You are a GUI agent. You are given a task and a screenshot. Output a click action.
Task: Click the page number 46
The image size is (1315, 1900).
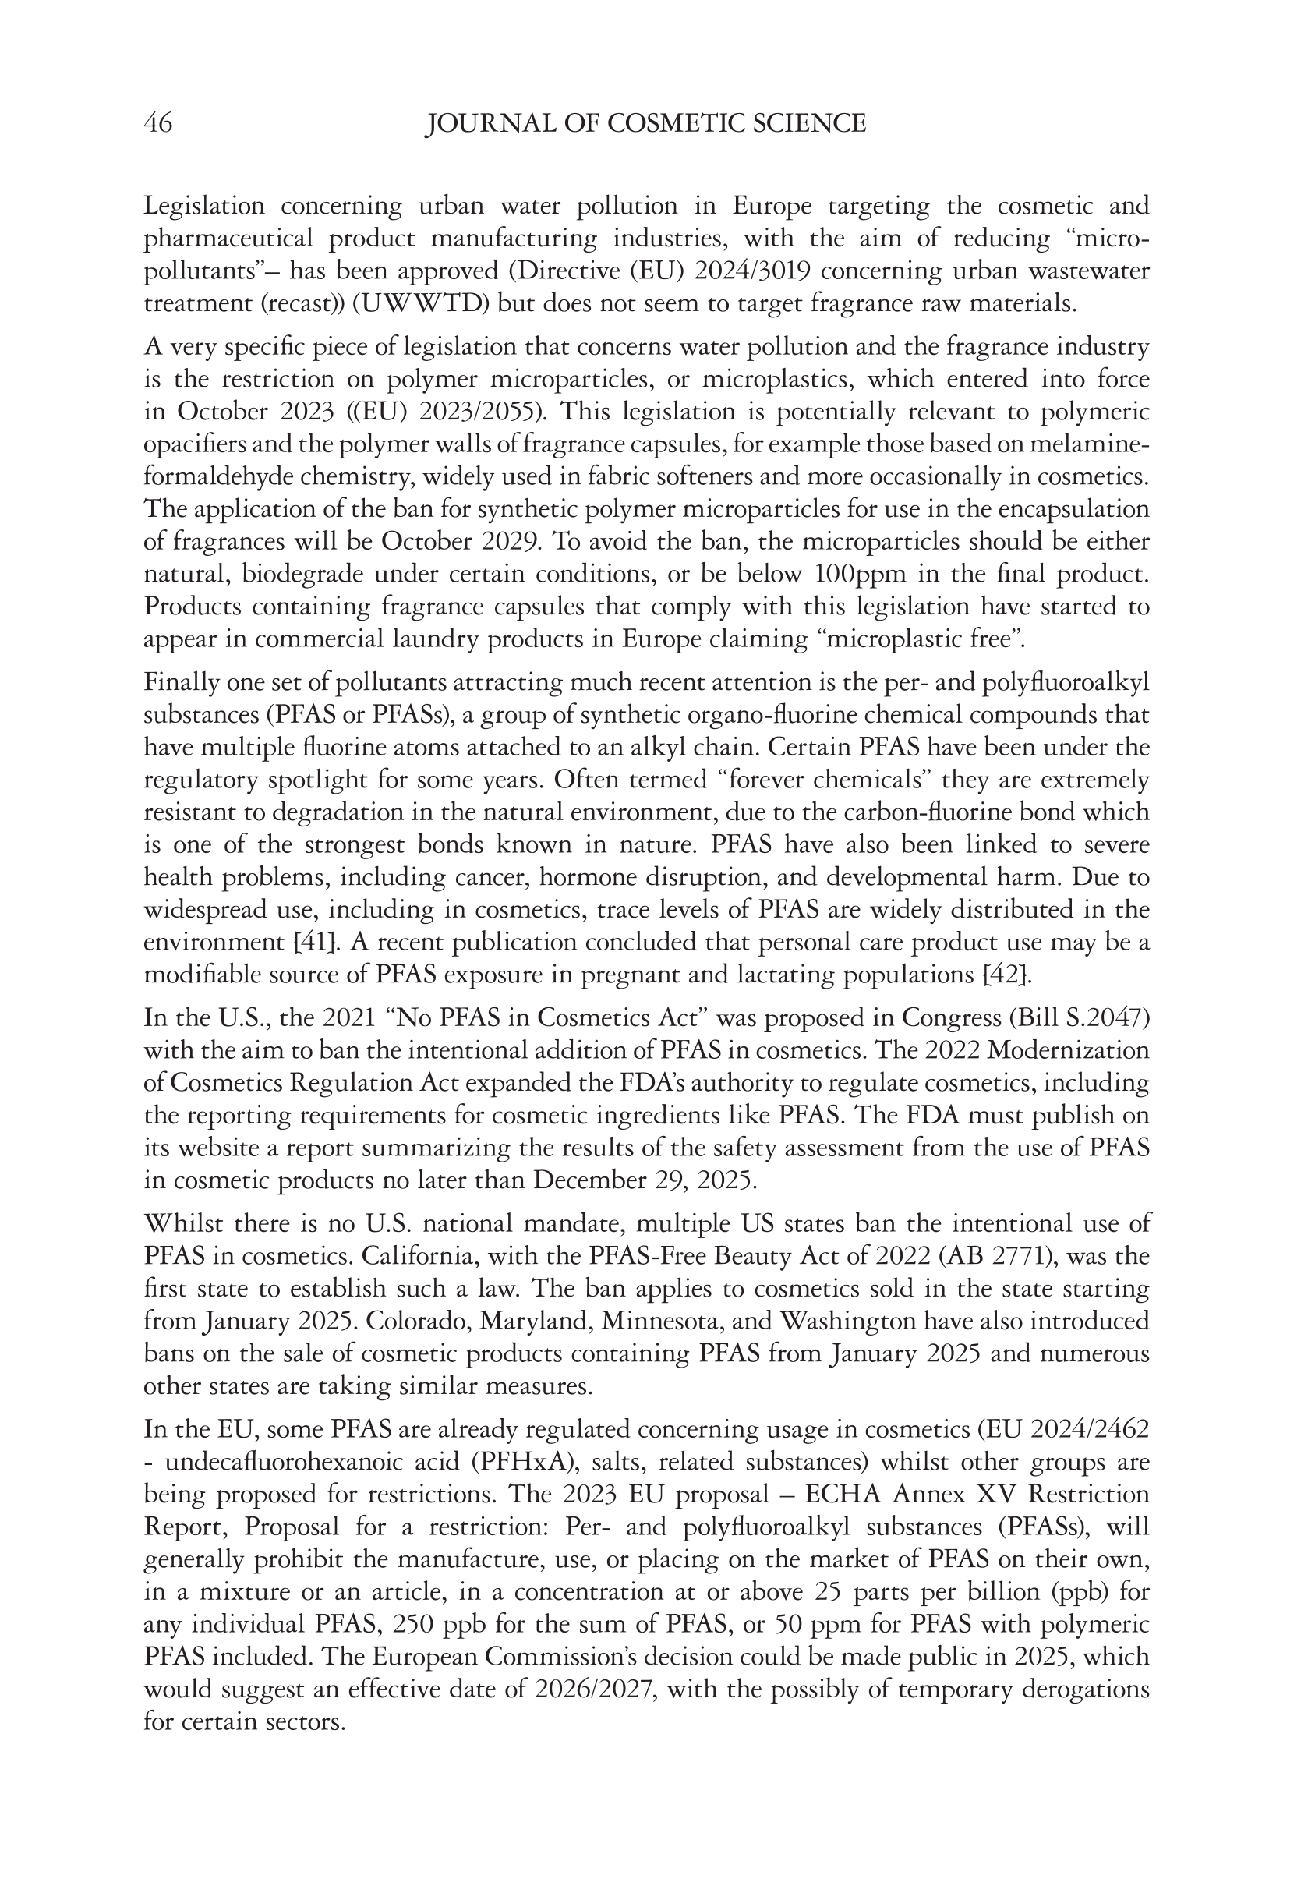pos(158,124)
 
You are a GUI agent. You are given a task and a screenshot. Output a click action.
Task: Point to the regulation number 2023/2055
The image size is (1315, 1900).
pos(486,411)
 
